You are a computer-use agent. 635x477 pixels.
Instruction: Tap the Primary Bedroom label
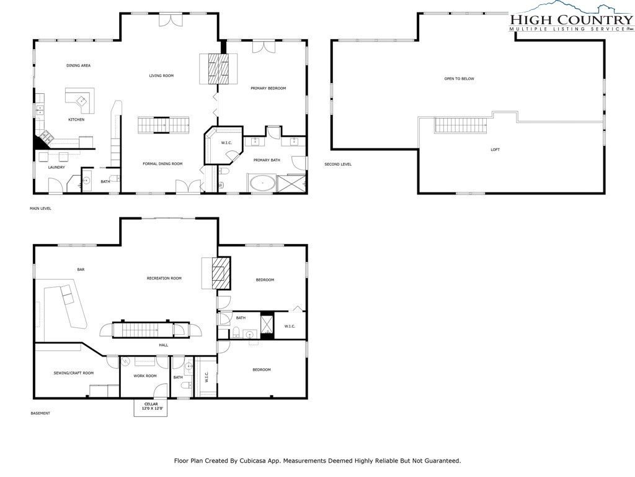pyautogui.click(x=268, y=88)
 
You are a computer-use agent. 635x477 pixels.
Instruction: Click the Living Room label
pyautogui.click(x=161, y=76)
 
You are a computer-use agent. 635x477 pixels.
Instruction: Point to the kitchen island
pyautogui.click(x=80, y=100)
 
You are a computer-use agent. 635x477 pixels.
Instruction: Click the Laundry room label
pyautogui.click(x=56, y=167)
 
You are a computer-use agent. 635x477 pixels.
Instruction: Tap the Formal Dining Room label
pyautogui.click(x=162, y=163)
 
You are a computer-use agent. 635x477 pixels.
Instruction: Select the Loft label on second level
pyautogui.click(x=494, y=149)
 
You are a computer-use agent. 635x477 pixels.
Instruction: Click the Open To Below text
pyautogui.click(x=459, y=79)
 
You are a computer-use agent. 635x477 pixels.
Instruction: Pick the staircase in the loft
pyautogui.click(x=460, y=125)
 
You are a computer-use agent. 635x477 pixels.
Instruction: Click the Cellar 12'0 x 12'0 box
pyautogui.click(x=151, y=408)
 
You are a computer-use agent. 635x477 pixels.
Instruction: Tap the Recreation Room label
pyautogui.click(x=164, y=278)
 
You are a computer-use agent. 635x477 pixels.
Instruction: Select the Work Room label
pyautogui.click(x=145, y=376)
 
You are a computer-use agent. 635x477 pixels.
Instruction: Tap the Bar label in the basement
pyautogui.click(x=81, y=270)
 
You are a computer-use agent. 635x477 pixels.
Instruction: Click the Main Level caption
pyautogui.click(x=41, y=209)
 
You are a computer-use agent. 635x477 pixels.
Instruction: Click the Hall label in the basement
pyautogui.click(x=163, y=345)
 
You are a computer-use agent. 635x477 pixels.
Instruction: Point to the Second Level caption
pyautogui.click(x=338, y=165)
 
